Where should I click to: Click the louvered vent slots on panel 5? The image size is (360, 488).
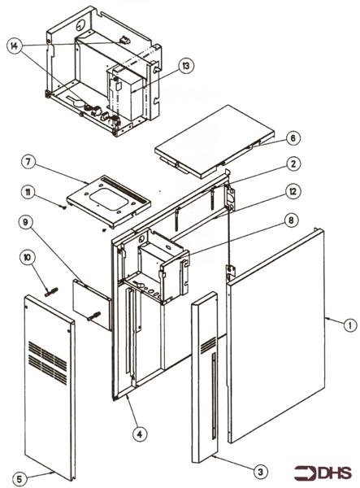[48, 356]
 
